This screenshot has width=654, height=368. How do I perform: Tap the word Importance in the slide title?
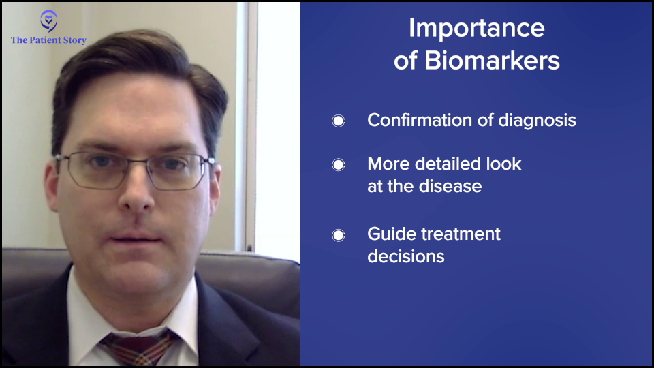point(477,29)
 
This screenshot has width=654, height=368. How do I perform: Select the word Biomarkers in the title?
point(492,61)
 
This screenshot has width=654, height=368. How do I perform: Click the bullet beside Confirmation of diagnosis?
point(339,121)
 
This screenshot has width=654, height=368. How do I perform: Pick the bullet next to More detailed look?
point(339,165)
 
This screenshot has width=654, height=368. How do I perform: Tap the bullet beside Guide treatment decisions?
point(339,235)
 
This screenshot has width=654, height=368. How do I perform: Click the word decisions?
point(406,257)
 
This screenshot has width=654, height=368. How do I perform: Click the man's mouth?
point(134,239)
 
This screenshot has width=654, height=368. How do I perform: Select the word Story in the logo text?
point(75,40)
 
